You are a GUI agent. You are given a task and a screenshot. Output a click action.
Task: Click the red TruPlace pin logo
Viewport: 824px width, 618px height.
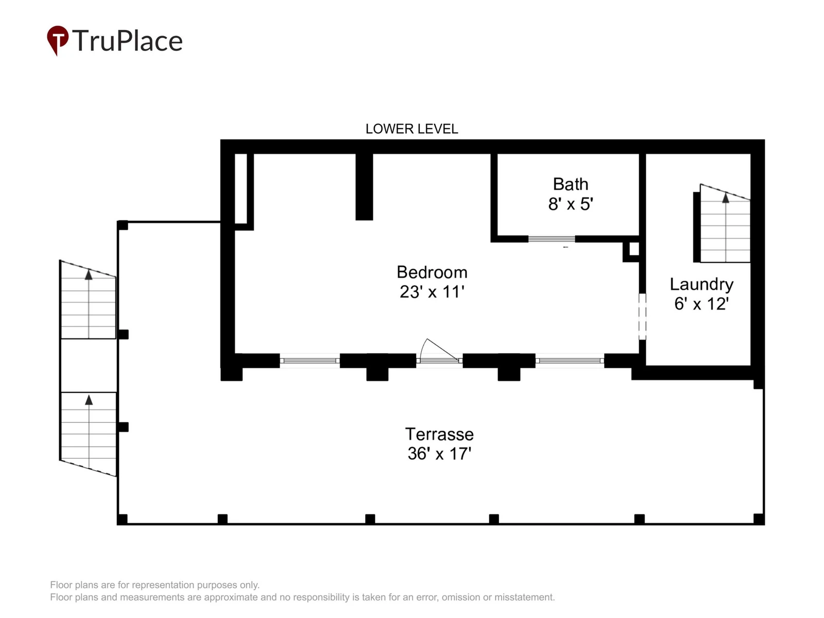(x=57, y=40)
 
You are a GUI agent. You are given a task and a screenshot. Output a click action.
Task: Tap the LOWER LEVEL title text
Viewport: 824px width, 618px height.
(x=411, y=129)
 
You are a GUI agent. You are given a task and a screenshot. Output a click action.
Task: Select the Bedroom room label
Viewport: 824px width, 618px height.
(x=432, y=272)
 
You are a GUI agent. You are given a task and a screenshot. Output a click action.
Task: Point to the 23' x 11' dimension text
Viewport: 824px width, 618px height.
(x=432, y=292)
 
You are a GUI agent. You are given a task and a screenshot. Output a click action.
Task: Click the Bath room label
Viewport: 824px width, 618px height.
(x=570, y=184)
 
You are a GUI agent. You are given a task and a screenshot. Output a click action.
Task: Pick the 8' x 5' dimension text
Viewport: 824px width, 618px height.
(x=570, y=204)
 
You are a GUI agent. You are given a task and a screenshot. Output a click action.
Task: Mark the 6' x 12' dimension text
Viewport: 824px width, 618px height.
(x=701, y=304)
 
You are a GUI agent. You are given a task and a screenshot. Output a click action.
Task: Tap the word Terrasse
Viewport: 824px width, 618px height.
(x=439, y=435)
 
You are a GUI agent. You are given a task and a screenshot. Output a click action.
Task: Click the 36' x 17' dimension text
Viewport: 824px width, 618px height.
(x=439, y=454)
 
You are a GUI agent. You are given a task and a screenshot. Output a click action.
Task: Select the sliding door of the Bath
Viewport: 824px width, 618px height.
(x=552, y=239)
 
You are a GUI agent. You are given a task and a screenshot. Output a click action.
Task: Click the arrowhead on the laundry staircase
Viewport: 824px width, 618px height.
(x=726, y=198)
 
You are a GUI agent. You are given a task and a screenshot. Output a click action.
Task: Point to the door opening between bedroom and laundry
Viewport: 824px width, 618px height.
(x=642, y=317)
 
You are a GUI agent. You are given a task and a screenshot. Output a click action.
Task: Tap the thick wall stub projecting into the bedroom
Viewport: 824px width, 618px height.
(x=364, y=186)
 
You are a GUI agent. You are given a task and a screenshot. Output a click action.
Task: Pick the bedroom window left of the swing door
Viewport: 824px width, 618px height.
(x=310, y=360)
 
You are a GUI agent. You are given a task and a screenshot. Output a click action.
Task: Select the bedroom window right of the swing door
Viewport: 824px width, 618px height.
(x=570, y=360)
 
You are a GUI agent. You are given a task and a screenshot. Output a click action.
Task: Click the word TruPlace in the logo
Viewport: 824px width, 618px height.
(x=127, y=40)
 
